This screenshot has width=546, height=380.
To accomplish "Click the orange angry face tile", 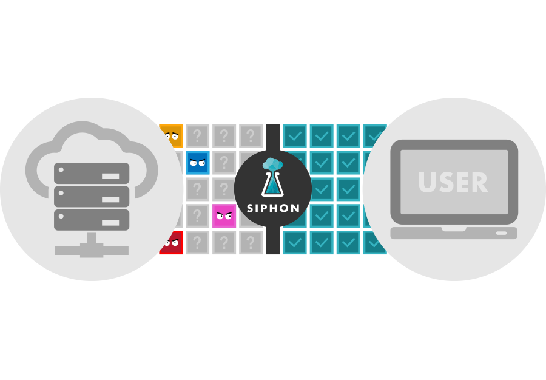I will click(x=172, y=134).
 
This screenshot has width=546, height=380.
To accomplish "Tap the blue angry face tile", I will click(x=197, y=162).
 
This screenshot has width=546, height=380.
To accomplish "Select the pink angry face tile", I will click(x=224, y=215).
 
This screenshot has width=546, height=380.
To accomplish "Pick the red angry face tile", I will click(x=172, y=242).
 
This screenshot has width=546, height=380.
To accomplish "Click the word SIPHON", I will click(x=273, y=208).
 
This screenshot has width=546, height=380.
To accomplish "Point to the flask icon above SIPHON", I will click(x=272, y=182).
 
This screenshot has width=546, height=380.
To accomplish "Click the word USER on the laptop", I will click(x=453, y=182).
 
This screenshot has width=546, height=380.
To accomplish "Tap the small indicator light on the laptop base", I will click(x=501, y=234).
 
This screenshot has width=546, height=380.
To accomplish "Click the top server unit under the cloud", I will click(x=92, y=173).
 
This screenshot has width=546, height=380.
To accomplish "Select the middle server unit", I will click(x=92, y=196).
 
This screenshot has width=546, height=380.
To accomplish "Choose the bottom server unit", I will click(x=92, y=219).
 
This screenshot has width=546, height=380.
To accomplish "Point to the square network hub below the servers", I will click(x=92, y=248).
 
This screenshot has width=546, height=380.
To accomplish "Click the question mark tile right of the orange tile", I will click(x=198, y=135).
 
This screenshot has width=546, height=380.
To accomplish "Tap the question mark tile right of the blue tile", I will click(x=224, y=162).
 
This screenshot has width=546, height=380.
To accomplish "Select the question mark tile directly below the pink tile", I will click(x=224, y=242).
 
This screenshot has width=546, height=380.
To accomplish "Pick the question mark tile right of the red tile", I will click(x=198, y=242).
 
